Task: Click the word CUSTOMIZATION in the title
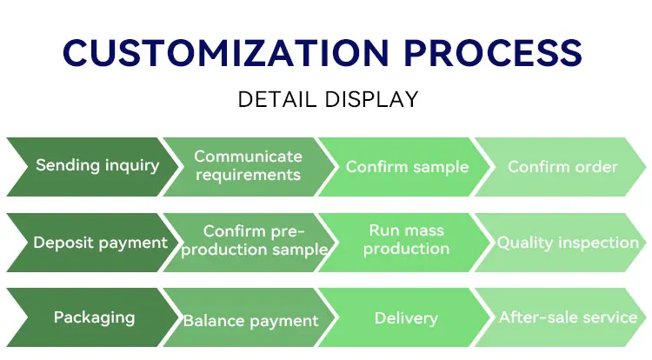click(217, 54)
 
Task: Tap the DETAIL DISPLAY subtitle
click(328, 100)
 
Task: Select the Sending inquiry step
click(97, 166)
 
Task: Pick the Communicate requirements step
click(248, 166)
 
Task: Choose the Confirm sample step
click(407, 167)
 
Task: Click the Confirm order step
click(562, 167)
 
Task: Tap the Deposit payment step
click(100, 243)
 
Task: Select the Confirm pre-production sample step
click(254, 240)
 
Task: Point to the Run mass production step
click(406, 239)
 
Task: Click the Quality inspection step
click(568, 243)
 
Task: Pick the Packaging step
click(94, 317)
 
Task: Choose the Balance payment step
click(250, 321)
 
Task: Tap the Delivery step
click(406, 318)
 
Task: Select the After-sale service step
click(568, 317)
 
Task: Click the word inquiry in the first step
click(130, 166)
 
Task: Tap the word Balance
click(212, 321)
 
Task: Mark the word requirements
click(248, 175)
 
